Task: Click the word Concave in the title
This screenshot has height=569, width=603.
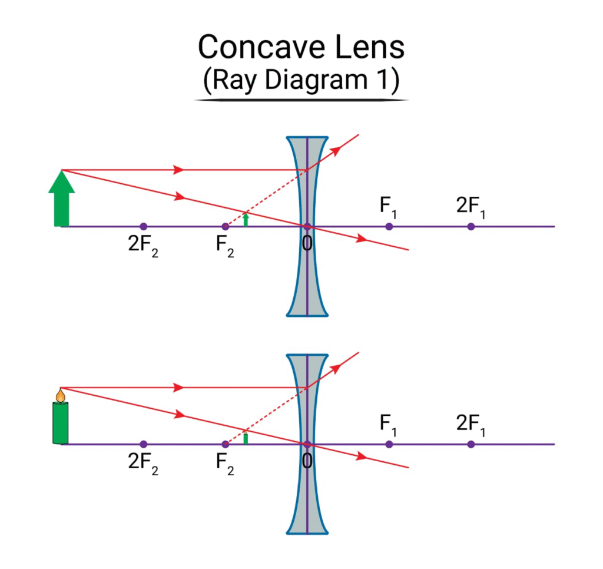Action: (261, 47)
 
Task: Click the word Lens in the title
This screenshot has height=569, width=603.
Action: (370, 47)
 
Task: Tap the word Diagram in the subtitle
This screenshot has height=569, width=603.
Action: (316, 80)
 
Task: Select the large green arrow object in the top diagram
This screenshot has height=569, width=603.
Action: (61, 198)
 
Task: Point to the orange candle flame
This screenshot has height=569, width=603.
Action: (61, 395)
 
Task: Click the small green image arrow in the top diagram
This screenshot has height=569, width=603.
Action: (246, 219)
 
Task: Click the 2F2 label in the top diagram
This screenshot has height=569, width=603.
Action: (143, 245)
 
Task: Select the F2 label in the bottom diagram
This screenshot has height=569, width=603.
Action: (225, 463)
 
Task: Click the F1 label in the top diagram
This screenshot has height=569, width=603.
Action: (388, 207)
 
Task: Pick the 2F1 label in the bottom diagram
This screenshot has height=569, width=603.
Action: (471, 424)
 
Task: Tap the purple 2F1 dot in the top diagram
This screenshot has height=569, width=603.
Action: (471, 227)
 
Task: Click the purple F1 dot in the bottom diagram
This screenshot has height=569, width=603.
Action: (389, 444)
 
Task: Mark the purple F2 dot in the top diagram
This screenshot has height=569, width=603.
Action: (226, 227)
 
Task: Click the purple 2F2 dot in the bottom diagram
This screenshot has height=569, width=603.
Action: (144, 444)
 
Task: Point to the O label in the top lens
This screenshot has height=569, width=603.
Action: (307, 243)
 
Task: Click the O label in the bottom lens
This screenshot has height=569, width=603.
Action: (307, 461)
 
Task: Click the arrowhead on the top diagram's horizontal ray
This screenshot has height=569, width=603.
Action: (178, 170)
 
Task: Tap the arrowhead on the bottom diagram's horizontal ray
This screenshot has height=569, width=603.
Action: (178, 388)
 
